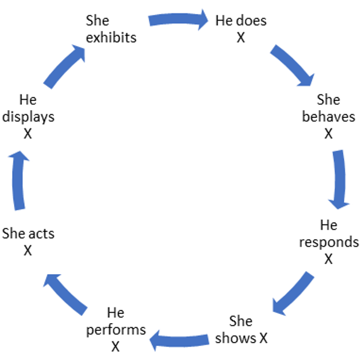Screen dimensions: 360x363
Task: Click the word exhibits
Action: click(111, 38)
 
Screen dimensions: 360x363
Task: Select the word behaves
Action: click(329, 117)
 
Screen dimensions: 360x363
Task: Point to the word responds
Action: click(329, 243)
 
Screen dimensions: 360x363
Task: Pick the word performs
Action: click(116, 330)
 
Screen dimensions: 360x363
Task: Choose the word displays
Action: click(28, 116)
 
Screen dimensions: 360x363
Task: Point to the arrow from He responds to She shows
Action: click(293, 292)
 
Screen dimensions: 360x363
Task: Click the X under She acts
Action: click(28, 250)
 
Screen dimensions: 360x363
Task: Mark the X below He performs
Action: click(116, 347)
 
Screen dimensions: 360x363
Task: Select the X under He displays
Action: click(28, 133)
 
